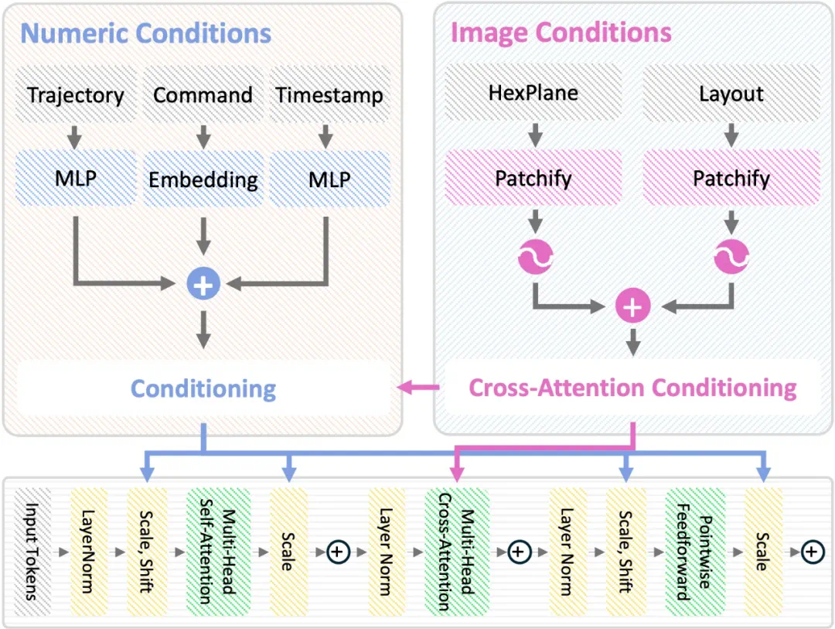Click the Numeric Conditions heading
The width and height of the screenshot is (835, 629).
coord(146,33)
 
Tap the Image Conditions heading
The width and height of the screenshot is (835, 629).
coord(561,33)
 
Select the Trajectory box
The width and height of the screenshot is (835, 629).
coord(76,95)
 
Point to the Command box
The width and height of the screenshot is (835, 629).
coord(203,95)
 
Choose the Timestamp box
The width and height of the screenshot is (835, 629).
coord(329,95)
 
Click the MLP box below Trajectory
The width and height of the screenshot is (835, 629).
coord(76,179)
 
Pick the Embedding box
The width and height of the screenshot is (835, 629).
coord(203,179)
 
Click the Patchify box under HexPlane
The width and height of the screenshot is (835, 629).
coord(533,179)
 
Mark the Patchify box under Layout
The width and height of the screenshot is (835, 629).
coord(731,179)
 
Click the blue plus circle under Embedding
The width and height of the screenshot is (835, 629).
coord(203,285)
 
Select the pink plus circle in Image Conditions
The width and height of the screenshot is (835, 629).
coord(632,307)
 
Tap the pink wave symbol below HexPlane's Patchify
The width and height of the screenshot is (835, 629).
coord(533,257)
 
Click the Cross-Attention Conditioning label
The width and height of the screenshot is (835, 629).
coord(632,387)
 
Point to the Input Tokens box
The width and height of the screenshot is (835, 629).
coord(33,552)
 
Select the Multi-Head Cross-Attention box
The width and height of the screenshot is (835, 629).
coord(456,552)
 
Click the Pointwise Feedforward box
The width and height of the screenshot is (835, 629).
coord(694,552)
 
